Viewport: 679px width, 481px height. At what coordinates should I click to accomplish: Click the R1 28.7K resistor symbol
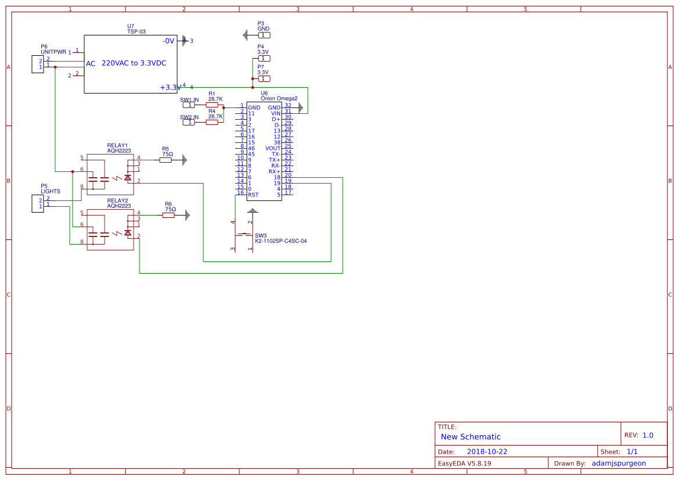tap(212, 105)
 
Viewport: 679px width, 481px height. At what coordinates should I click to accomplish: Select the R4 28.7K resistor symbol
tap(212, 122)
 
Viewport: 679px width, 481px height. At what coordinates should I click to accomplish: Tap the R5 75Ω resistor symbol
tap(166, 160)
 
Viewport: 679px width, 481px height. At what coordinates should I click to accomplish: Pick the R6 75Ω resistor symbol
tap(168, 216)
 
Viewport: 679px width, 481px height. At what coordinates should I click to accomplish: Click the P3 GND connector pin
tap(264, 35)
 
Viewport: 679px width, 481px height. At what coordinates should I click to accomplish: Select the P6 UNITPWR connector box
tap(37, 64)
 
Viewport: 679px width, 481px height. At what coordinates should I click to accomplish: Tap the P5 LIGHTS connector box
tap(37, 203)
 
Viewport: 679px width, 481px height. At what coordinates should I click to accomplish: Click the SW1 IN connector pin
tap(188, 105)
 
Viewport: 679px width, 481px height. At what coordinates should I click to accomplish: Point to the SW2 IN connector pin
tap(188, 123)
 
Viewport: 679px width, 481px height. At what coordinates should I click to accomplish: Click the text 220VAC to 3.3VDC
tap(134, 63)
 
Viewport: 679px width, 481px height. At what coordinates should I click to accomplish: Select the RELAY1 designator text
tap(117, 145)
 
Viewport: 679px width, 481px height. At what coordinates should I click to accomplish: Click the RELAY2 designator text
tap(117, 200)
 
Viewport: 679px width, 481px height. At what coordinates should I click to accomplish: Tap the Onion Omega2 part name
tap(279, 99)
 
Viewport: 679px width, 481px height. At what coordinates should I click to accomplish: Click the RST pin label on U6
tap(253, 195)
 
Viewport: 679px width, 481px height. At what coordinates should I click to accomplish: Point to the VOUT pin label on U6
tap(272, 148)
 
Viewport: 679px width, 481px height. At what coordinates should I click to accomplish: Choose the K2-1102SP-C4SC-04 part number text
tap(281, 241)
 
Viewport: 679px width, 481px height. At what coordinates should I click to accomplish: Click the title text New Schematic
tap(470, 437)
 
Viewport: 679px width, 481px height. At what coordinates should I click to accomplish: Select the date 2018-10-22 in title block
tap(487, 451)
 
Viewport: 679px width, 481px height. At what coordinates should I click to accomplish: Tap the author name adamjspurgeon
tap(619, 464)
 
